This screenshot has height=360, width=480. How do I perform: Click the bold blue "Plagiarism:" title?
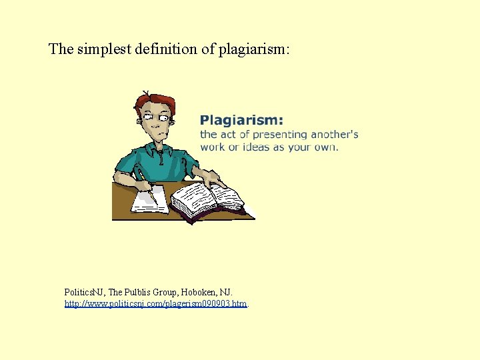[241, 120]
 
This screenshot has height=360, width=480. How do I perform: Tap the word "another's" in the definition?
[334, 135]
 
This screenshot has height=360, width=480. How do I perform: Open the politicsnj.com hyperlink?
[155, 304]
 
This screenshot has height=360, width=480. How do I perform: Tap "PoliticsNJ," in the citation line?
[85, 293]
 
